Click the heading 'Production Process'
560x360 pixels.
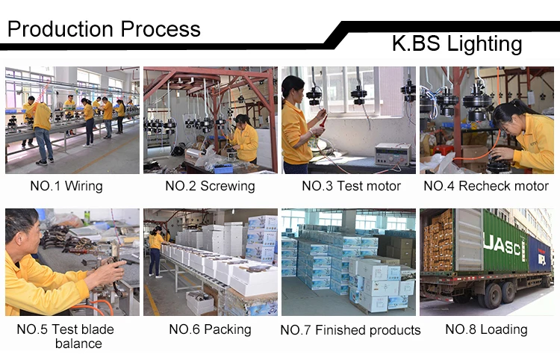pyautogui.click(x=104, y=29)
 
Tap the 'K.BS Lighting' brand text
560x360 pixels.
pyautogui.click(x=456, y=43)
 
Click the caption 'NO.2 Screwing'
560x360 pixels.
pyautogui.click(x=210, y=186)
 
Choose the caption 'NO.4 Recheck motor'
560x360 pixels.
pyautogui.click(x=485, y=186)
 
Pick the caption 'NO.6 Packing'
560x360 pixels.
pyautogui.click(x=209, y=329)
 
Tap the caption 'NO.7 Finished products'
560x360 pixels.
pyautogui.click(x=350, y=329)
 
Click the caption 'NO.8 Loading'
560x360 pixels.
pyautogui.click(x=486, y=329)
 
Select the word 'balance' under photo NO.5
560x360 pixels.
pyautogui.click(x=78, y=344)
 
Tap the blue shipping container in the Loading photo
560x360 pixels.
pyautogui.click(x=539, y=254)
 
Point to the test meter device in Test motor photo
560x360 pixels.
pyautogui.click(x=392, y=152)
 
